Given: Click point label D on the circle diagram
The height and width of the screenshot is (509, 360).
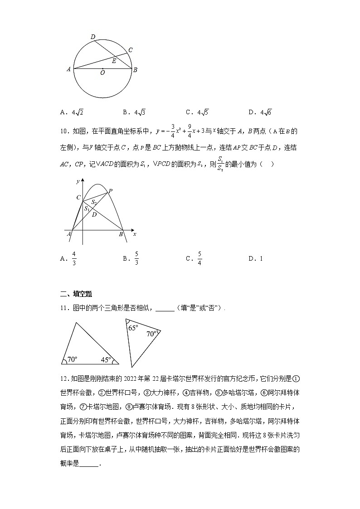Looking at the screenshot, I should coord(92,37).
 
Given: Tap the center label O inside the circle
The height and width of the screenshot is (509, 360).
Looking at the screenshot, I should coord(102,73).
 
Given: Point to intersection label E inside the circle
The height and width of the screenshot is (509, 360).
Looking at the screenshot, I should coord(114,61).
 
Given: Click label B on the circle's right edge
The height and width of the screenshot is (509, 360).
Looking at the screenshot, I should coord(135,69).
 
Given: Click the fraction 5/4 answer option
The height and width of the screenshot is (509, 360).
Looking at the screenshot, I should coord(199,258).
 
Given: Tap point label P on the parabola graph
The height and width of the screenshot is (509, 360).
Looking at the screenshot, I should coord(110,191).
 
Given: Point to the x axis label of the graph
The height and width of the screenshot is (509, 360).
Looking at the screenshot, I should coord(135,234).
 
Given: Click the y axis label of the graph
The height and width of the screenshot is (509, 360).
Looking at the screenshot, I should coord(78,181).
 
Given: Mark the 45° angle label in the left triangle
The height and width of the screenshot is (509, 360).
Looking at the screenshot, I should coord(106,359).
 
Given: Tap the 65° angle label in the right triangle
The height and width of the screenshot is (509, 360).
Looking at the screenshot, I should coord(132,328).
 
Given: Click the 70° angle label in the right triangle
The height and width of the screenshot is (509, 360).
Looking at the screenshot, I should coord(151,334).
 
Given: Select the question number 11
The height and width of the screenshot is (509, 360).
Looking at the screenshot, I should coord(63,308).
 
